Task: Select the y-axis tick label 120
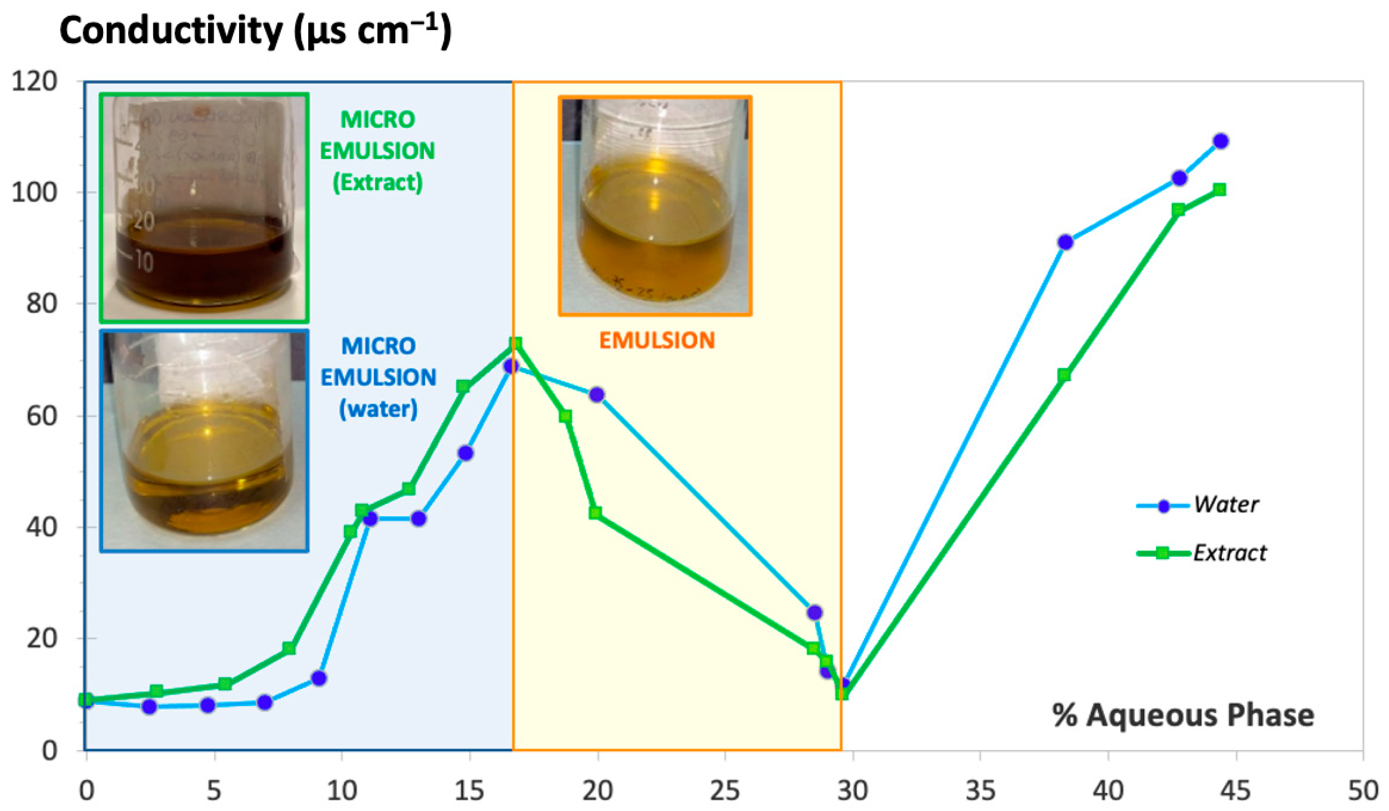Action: click(x=34, y=82)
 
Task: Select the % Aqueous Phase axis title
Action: click(x=1183, y=716)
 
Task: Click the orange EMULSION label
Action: click(x=656, y=340)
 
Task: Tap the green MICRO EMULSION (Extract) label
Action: click(x=378, y=151)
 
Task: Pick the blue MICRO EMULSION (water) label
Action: click(x=378, y=377)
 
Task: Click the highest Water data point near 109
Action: click(x=1221, y=141)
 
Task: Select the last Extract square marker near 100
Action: click(x=1220, y=190)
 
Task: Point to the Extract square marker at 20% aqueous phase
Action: click(x=595, y=513)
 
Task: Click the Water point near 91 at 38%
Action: click(x=1066, y=242)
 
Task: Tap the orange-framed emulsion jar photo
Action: click(x=655, y=206)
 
